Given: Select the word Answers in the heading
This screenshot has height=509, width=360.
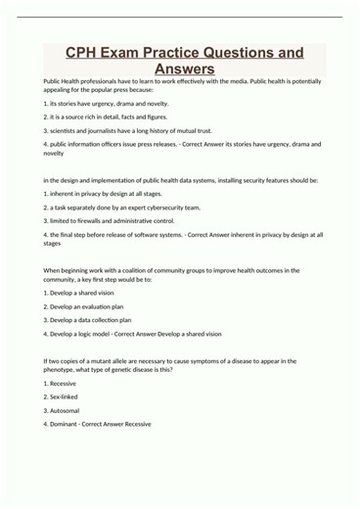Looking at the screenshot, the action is pyautogui.click(x=180, y=69).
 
